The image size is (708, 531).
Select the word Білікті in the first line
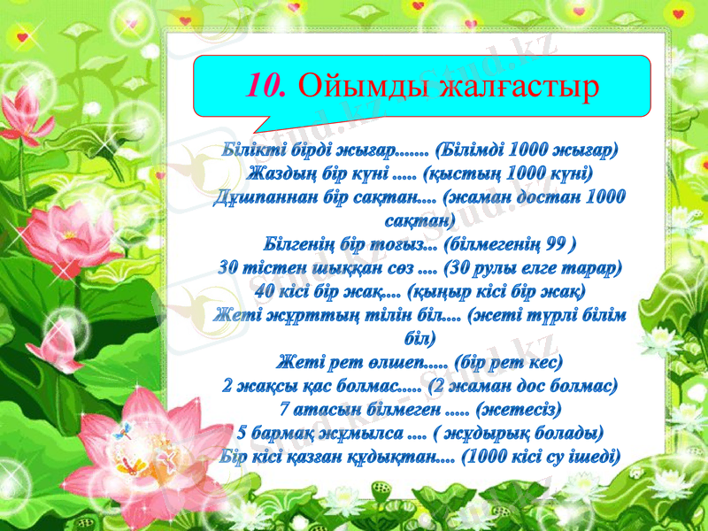click(x=251, y=147)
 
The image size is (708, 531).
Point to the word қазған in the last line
click(x=319, y=458)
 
